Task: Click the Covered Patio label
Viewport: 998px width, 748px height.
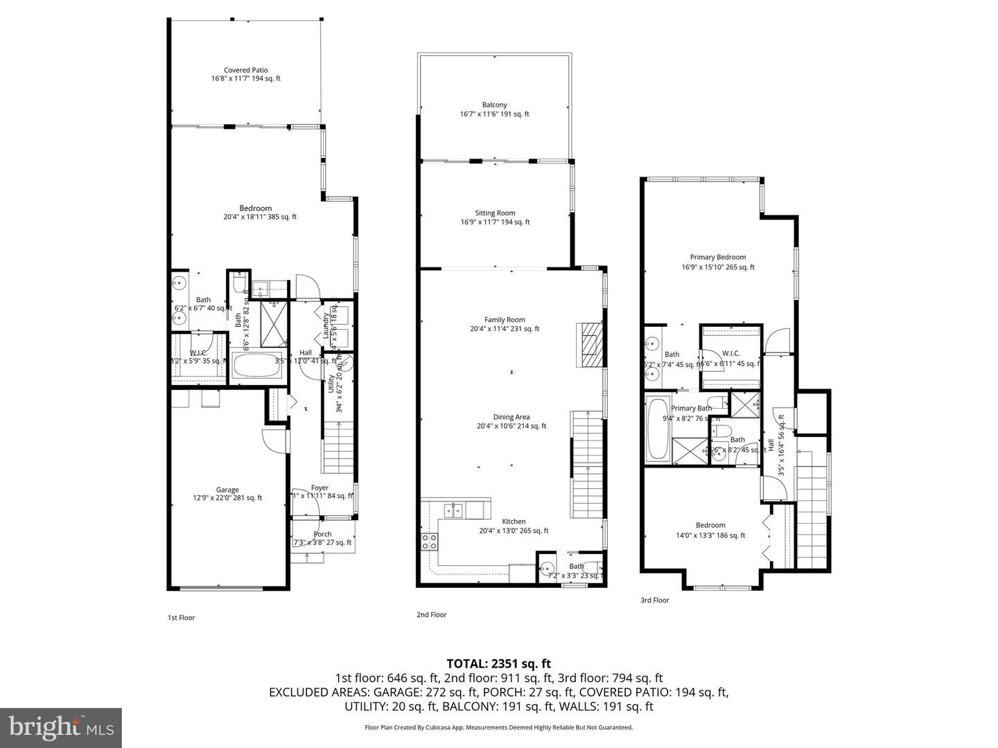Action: tap(246, 71)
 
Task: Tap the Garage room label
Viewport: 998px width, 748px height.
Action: tap(227, 490)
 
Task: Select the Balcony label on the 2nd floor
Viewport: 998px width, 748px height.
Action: tap(494, 105)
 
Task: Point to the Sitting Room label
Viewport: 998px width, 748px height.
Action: tap(495, 213)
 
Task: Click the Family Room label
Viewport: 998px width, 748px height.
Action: tap(505, 320)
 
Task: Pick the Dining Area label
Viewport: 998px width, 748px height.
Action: tap(511, 417)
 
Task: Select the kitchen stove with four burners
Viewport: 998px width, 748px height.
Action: tap(429, 540)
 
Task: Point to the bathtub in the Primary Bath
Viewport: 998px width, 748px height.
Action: tap(657, 428)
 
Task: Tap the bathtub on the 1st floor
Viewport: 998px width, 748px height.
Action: tap(256, 366)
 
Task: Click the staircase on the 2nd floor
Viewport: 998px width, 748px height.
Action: tap(586, 464)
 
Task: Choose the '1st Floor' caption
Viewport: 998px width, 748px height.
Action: tap(182, 618)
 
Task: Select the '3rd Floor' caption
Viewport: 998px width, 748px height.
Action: tap(654, 600)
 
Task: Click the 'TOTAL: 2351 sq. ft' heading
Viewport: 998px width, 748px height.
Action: tap(498, 664)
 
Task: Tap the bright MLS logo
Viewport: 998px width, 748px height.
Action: tap(61, 727)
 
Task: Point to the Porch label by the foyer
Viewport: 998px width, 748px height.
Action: tap(322, 534)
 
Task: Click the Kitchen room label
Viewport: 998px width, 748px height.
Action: tap(514, 522)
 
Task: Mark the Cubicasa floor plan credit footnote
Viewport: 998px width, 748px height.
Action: tap(498, 727)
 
